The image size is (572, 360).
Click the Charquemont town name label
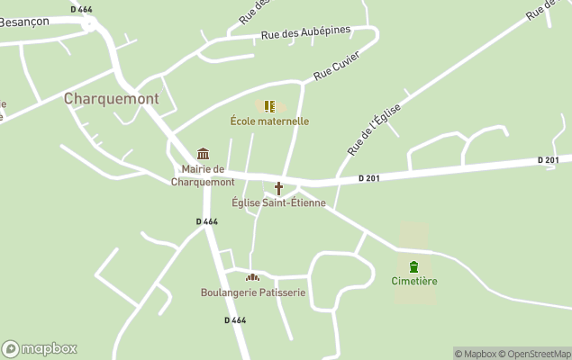[111, 98]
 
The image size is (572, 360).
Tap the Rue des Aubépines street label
[305, 33]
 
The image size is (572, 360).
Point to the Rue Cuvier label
[337, 66]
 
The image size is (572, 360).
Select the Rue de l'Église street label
[373, 127]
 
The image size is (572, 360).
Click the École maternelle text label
[269, 121]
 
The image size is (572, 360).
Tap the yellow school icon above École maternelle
[269, 106]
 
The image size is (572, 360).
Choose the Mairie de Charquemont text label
[203, 175]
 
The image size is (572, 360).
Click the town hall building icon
[203, 154]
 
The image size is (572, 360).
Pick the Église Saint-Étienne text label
[278, 202]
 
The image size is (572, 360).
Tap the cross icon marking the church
[278, 188]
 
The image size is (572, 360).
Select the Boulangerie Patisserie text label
[253, 292]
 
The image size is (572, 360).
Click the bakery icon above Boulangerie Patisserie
[252, 277]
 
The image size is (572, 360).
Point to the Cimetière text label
[414, 281]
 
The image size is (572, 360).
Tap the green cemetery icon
[413, 266]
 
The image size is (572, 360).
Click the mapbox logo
[40, 348]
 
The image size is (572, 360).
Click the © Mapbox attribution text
[475, 354]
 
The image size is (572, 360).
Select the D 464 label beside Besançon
[80, 9]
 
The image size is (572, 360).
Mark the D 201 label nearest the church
[368, 178]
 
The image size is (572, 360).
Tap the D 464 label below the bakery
[235, 319]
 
